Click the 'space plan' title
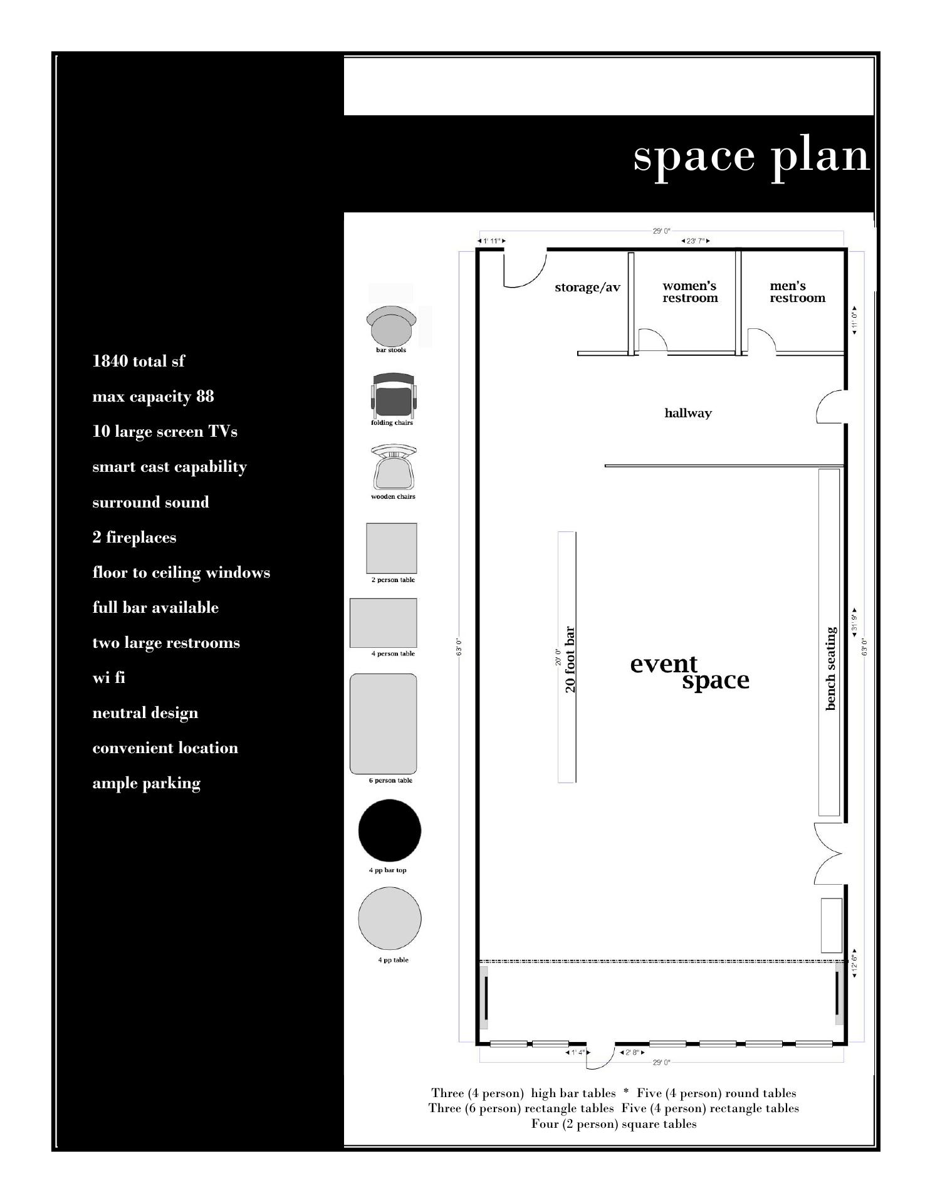[751, 157]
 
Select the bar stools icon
[391, 325]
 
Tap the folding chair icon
[393, 395]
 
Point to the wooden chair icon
[394, 468]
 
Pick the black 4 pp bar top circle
[390, 830]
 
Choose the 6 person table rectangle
[383, 724]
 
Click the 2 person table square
[392, 548]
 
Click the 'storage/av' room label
[587, 288]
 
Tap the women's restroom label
[690, 292]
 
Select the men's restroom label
[797, 292]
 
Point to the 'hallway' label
[688, 413]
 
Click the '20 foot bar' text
[570, 659]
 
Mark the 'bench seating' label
[831, 669]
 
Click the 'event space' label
[689, 672]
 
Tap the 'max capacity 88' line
[153, 397]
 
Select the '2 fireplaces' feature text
[134, 538]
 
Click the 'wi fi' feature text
[108, 678]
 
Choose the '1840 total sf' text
[138, 361]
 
